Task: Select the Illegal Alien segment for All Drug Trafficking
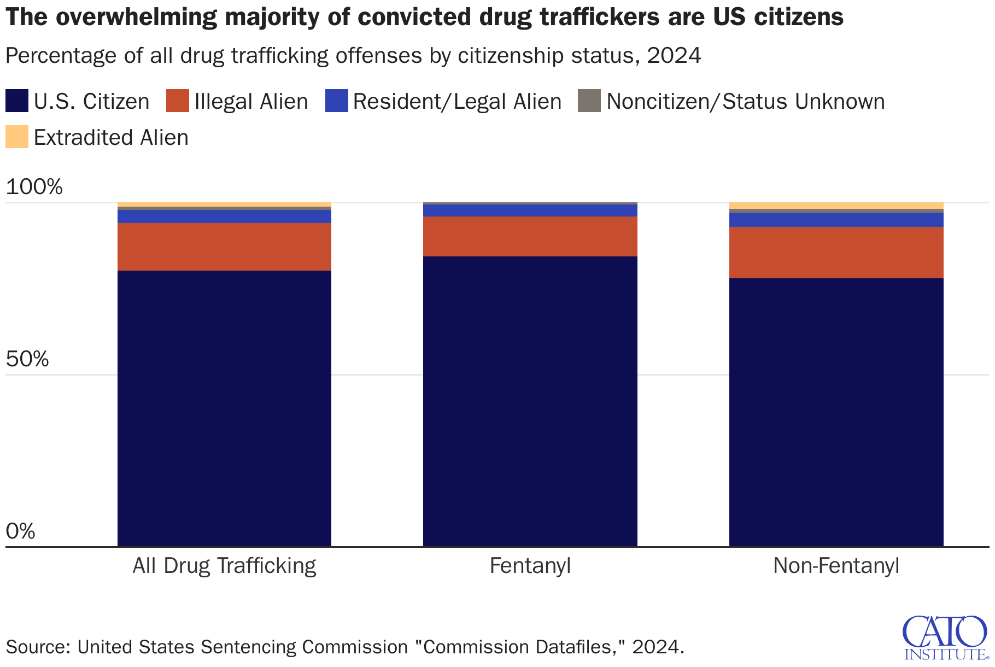point(224,247)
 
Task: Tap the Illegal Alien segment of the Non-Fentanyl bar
point(836,253)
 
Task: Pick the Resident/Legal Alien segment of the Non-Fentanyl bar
point(836,220)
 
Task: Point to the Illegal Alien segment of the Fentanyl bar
point(530,236)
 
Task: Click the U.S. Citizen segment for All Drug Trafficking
point(224,408)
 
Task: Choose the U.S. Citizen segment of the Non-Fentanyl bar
point(836,412)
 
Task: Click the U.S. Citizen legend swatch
point(16,101)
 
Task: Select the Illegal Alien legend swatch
point(177,101)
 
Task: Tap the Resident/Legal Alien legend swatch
point(336,101)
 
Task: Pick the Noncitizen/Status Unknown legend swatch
point(589,101)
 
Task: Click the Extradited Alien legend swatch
point(16,137)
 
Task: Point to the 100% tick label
point(34,187)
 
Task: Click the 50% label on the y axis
point(27,359)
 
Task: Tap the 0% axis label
point(21,531)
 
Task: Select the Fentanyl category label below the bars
point(530,565)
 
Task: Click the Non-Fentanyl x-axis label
point(836,565)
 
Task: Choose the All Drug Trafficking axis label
point(224,565)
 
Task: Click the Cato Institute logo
point(945,637)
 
